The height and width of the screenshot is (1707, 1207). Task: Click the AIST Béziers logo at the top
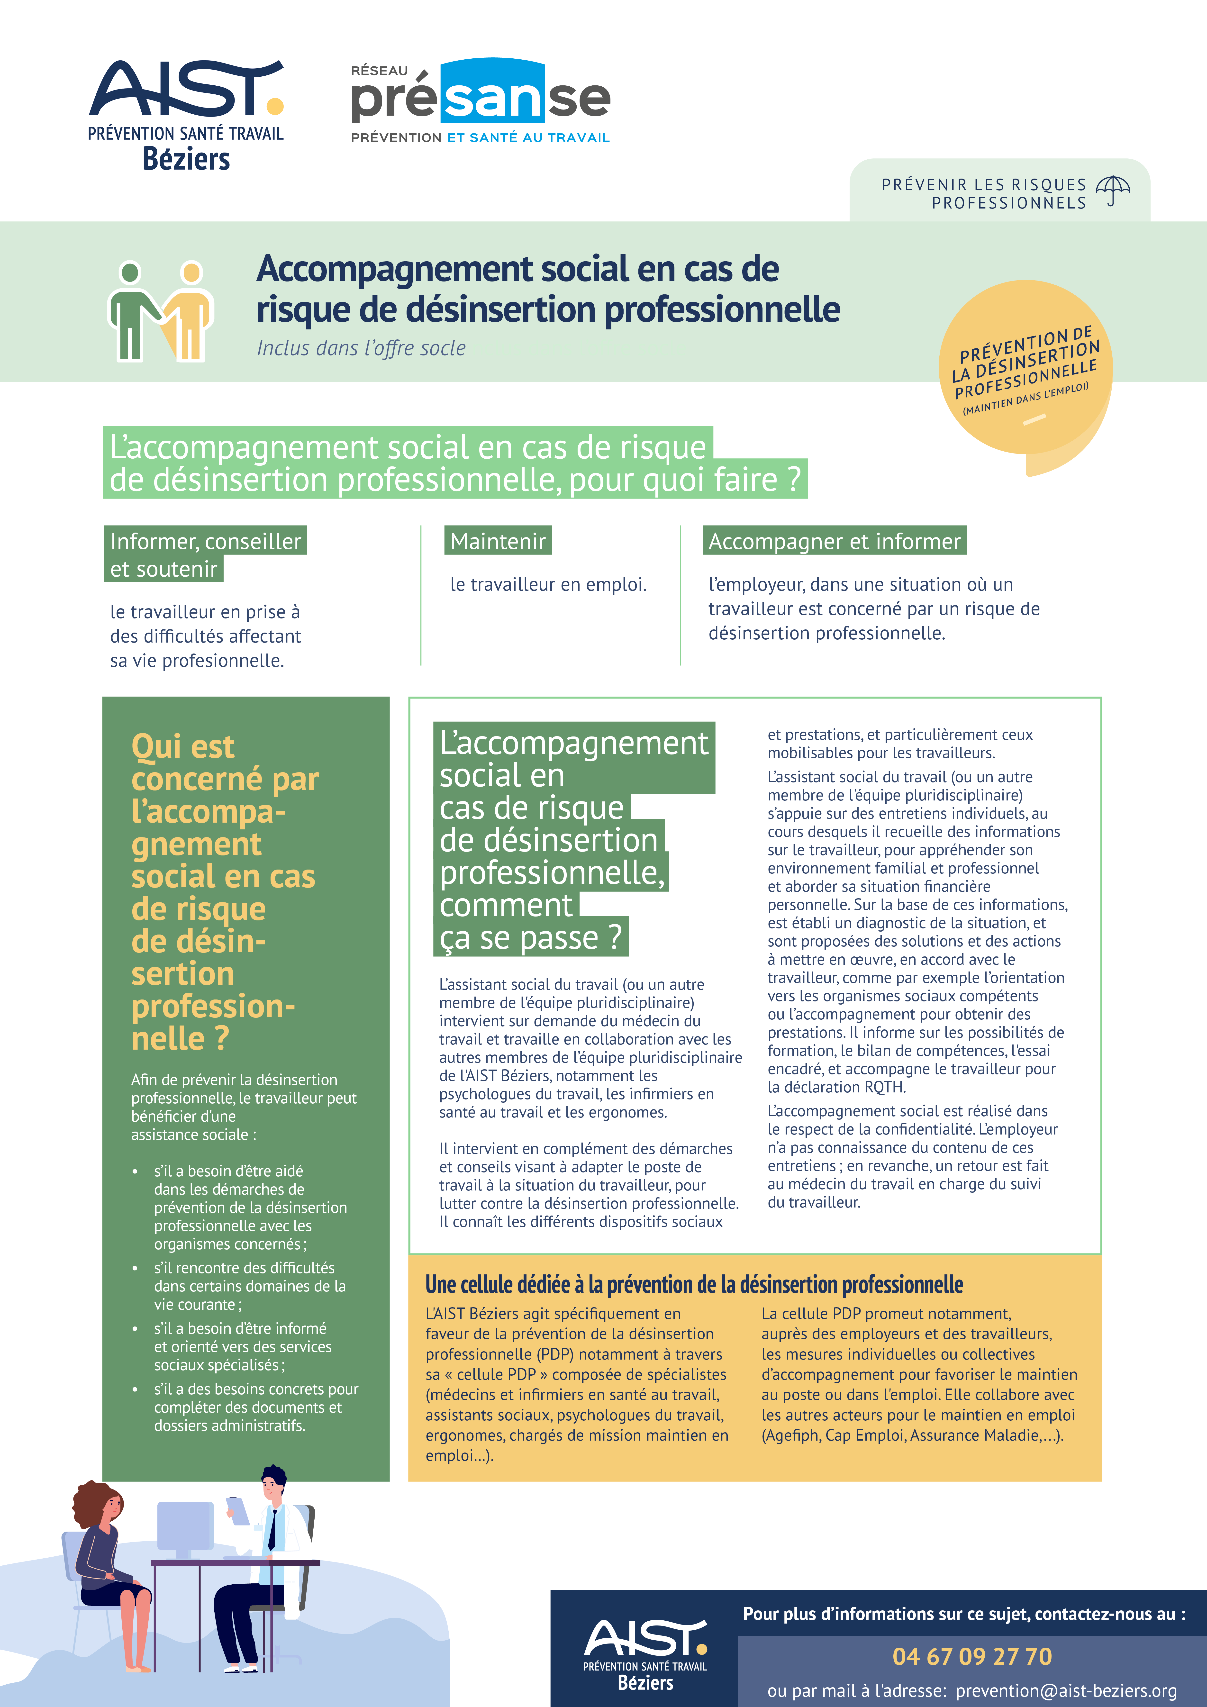tap(186, 115)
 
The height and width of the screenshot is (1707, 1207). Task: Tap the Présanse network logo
tap(481, 100)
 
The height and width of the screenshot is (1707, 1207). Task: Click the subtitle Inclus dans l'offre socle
tap(362, 348)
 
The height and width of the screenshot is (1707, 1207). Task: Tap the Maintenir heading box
tap(498, 541)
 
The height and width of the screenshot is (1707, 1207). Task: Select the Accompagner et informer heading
tap(835, 541)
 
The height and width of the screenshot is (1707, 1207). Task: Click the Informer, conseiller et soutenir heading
tap(205, 554)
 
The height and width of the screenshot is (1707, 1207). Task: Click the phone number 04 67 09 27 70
tap(972, 1656)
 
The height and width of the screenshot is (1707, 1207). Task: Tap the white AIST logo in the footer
tap(645, 1654)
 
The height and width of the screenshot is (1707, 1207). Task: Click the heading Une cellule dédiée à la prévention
tap(694, 1285)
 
